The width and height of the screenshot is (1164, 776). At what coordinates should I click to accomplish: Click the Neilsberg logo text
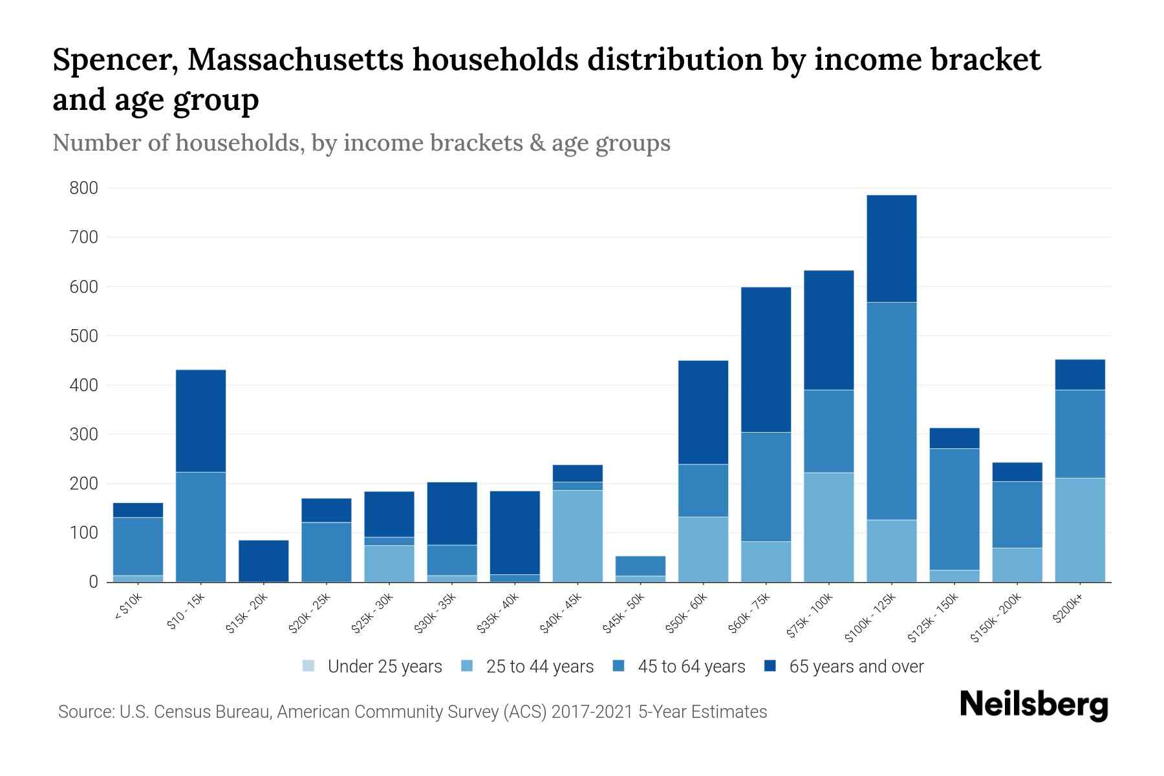pyautogui.click(x=1033, y=705)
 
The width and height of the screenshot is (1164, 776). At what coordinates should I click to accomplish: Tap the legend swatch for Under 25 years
pyautogui.click(x=309, y=666)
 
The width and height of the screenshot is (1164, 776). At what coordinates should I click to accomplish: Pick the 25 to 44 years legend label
pyautogui.click(x=540, y=667)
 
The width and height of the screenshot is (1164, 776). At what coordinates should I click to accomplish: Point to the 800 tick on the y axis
pyautogui.click(x=84, y=188)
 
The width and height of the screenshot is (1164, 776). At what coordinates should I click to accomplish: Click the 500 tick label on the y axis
pyautogui.click(x=84, y=336)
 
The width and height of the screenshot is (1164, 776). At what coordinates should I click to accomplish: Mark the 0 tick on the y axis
pyautogui.click(x=93, y=582)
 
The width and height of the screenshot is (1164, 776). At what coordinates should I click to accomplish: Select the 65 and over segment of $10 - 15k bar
pyautogui.click(x=200, y=420)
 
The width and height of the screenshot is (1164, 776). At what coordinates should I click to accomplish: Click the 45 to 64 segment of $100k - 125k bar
pyautogui.click(x=891, y=411)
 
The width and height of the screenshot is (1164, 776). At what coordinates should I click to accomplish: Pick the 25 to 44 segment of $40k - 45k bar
pyautogui.click(x=577, y=535)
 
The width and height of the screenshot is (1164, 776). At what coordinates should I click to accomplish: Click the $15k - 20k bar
pyautogui.click(x=263, y=561)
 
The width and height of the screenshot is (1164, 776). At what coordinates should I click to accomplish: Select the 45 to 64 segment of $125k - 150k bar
pyautogui.click(x=954, y=509)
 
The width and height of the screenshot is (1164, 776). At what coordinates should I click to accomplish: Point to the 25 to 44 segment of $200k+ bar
pyautogui.click(x=1079, y=530)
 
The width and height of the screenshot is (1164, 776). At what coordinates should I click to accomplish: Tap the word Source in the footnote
pyautogui.click(x=85, y=712)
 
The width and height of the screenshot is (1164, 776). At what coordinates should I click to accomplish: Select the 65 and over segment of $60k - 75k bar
pyautogui.click(x=766, y=360)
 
